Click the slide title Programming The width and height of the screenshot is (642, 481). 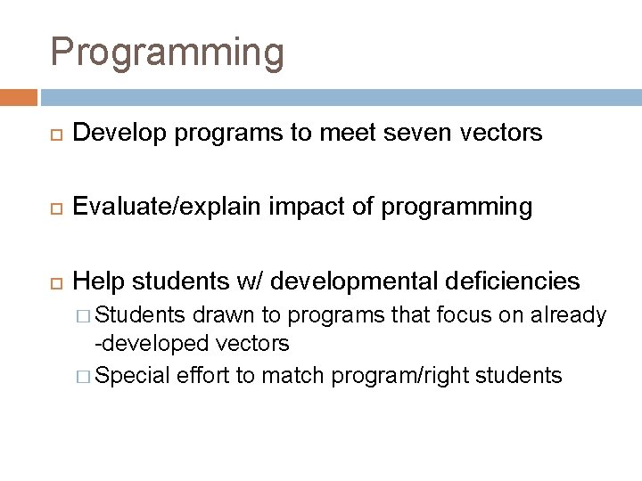click(x=168, y=52)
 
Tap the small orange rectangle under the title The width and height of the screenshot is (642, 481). click(x=19, y=97)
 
